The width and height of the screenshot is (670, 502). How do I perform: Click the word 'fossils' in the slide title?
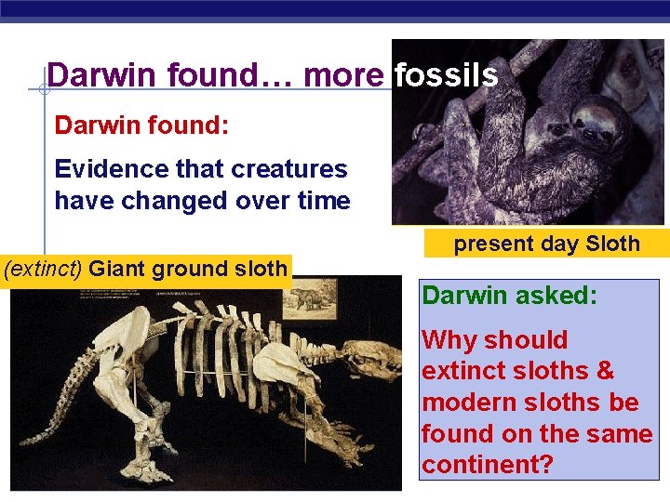point(446,75)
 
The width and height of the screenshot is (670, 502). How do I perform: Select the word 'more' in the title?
point(342,75)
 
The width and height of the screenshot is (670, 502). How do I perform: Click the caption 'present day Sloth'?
point(546,244)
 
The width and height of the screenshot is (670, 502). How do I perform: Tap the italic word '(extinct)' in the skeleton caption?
point(44,270)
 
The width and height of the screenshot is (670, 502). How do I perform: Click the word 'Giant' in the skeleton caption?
point(117,270)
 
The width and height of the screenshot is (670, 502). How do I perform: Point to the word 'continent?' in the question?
point(487,464)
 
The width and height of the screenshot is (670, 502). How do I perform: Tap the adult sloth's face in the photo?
point(590,116)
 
